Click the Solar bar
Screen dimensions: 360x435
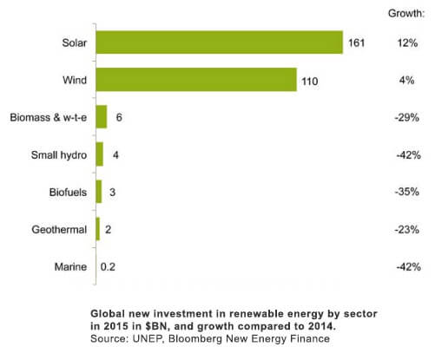pos(220,43)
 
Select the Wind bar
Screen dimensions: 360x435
pos(196,80)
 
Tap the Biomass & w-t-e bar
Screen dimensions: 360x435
pos(102,117)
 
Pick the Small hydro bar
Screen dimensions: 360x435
pos(100,154)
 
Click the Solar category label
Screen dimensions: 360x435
pos(73,43)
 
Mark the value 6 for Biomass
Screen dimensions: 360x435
pos(118,117)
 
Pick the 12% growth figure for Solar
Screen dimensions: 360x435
pos(406,43)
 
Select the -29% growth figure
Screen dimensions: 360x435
pos(406,117)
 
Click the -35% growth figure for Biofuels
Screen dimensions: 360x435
pos(406,192)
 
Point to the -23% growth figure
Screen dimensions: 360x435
pos(406,229)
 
